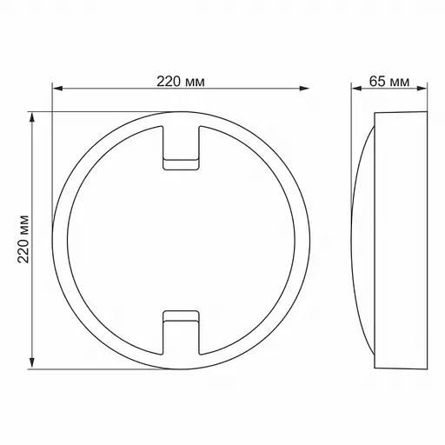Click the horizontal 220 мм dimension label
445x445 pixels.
(x=181, y=81)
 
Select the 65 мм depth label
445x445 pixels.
(x=389, y=81)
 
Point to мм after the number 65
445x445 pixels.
(x=399, y=81)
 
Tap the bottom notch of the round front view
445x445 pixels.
(x=181, y=335)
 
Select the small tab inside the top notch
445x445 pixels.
(x=181, y=162)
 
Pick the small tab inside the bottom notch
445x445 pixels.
(x=181, y=314)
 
